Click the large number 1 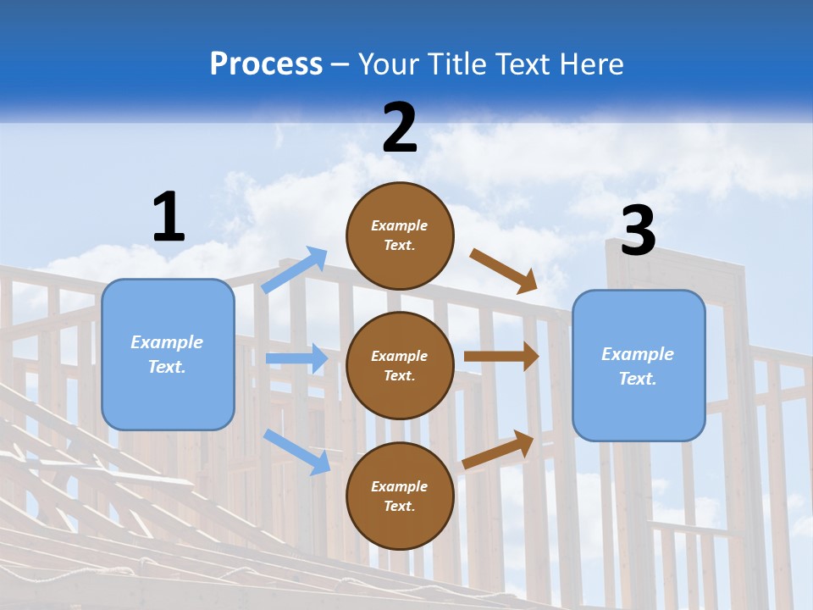pyautogui.click(x=169, y=217)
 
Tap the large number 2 pyautogui.click(x=400, y=128)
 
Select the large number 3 pyautogui.click(x=638, y=231)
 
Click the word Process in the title pyautogui.click(x=266, y=64)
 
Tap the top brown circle pyautogui.click(x=400, y=236)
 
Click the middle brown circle pyautogui.click(x=400, y=365)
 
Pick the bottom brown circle pyautogui.click(x=400, y=496)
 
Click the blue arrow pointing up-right pyautogui.click(x=295, y=270)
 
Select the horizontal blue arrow pyautogui.click(x=296, y=358)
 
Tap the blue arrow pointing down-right pyautogui.click(x=296, y=452)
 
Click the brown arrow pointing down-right pyautogui.click(x=504, y=270)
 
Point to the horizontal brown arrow pyautogui.click(x=501, y=357)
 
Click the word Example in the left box pyautogui.click(x=167, y=342)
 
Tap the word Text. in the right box pyautogui.click(x=638, y=379)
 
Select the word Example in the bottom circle pyautogui.click(x=400, y=486)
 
